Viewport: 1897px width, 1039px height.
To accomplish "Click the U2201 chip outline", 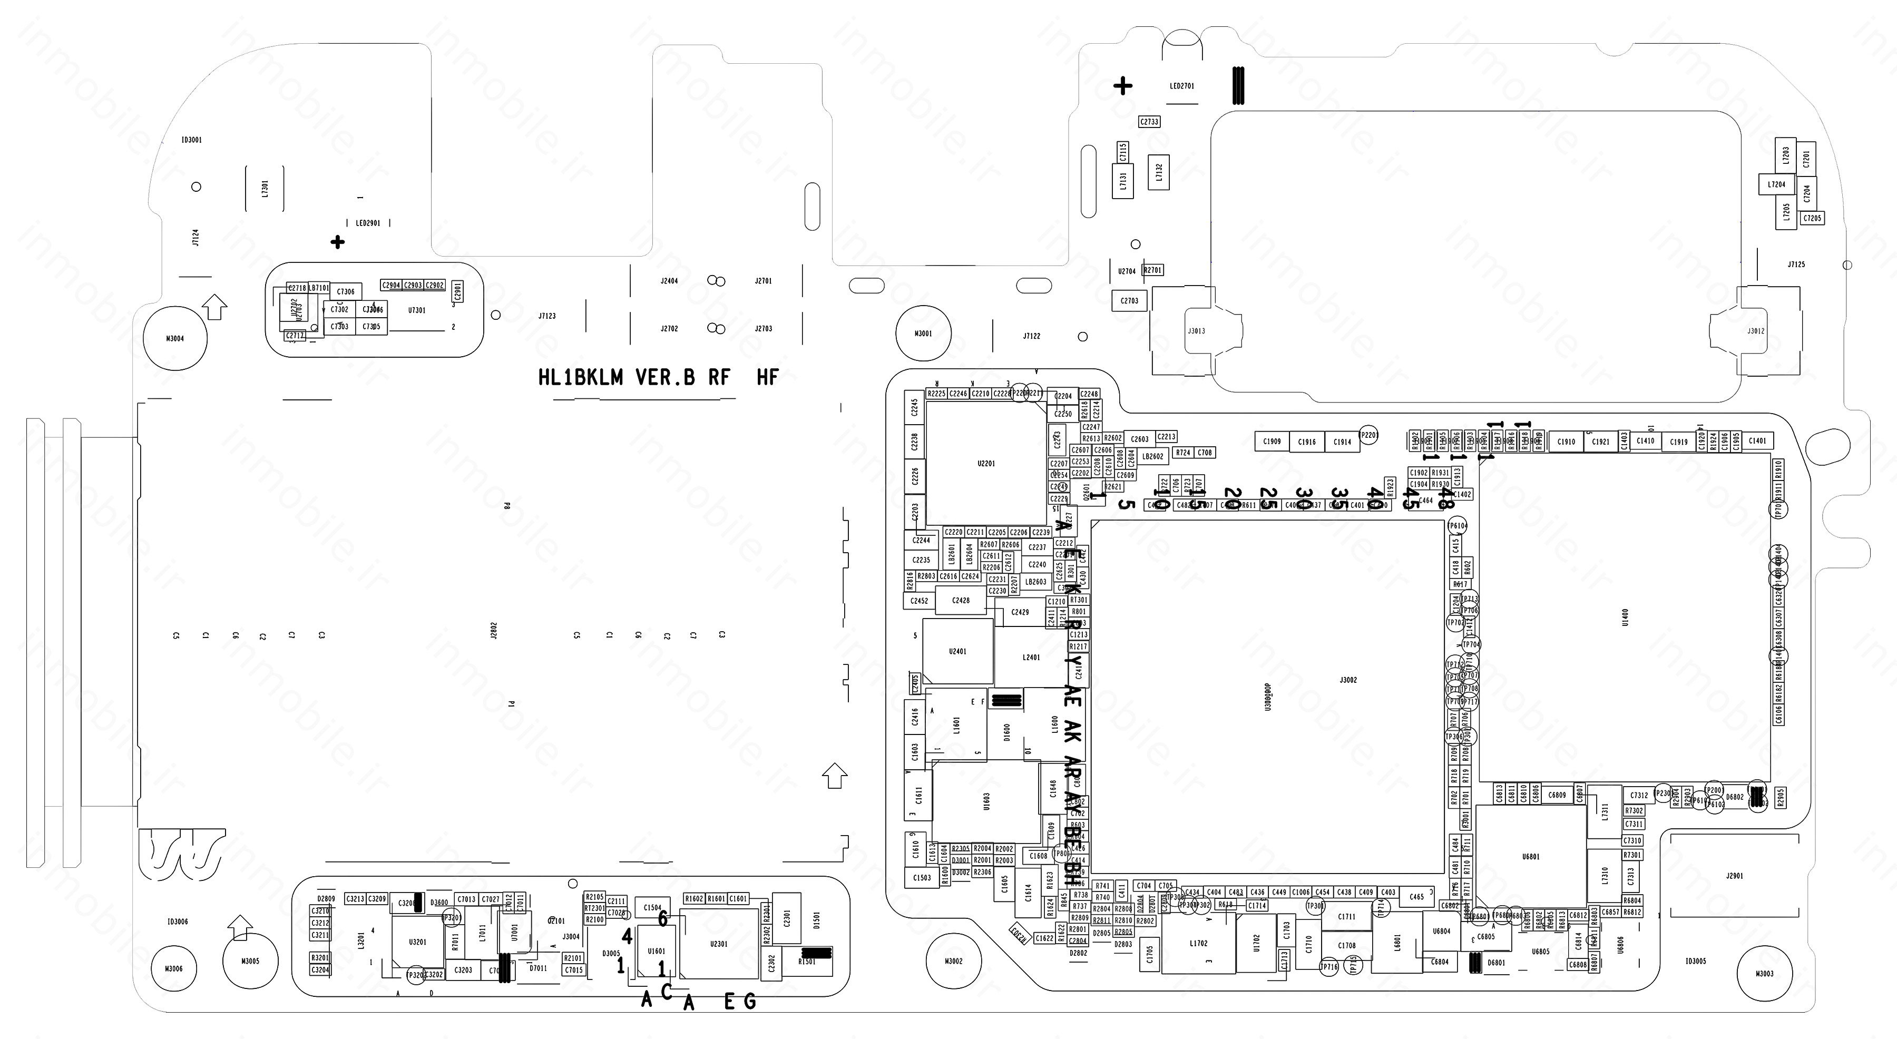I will point(986,463).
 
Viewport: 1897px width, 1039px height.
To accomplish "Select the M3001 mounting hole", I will point(923,334).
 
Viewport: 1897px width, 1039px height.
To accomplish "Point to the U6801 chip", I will point(1531,856).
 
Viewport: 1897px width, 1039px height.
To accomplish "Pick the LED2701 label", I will point(1182,86).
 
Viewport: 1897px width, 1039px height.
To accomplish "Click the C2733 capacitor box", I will point(1149,122).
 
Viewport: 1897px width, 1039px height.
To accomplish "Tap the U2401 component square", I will point(957,652).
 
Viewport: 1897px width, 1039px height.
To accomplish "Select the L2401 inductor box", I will point(1031,657).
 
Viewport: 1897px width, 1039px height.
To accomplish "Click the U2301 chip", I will point(719,943).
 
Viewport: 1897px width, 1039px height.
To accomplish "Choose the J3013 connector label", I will point(1197,331).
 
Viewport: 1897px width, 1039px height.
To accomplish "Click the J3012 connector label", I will point(1756,331).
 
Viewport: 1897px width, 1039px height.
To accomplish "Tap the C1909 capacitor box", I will point(1272,442).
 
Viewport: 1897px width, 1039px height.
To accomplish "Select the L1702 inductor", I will point(1198,943).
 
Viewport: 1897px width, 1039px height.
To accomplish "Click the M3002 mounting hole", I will point(954,961).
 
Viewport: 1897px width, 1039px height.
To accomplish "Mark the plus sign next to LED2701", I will point(1122,86).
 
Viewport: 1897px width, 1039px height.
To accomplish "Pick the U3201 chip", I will point(417,942).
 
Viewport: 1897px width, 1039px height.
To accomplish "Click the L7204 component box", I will point(1777,184).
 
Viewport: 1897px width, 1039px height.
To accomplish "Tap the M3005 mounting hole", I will point(250,961).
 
